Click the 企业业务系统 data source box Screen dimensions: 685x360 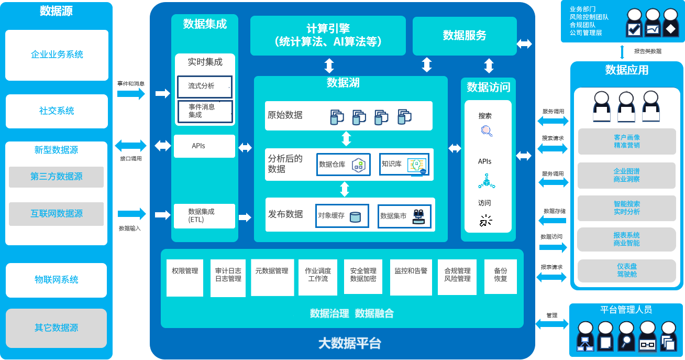point(57,55)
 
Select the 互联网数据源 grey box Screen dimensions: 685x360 point(56,214)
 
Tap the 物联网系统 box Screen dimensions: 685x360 point(56,280)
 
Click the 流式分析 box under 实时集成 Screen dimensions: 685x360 point(205,86)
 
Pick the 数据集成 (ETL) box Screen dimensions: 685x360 point(204,216)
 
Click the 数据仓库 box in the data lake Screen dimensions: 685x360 point(344,165)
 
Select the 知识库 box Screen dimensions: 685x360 point(404,164)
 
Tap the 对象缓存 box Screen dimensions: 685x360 point(342,216)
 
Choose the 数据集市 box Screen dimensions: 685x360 point(405,216)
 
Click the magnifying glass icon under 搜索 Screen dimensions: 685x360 point(487,131)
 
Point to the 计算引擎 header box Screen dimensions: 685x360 point(328,36)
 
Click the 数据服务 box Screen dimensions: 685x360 point(465,36)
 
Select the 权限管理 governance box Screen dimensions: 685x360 point(185,278)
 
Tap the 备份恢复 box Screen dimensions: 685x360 point(501,277)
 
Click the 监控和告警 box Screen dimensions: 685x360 point(411,277)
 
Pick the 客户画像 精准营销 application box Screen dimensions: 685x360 point(627,141)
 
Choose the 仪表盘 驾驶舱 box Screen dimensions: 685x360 point(627,271)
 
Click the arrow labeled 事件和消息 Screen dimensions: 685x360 point(131,94)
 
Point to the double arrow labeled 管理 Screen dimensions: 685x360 point(552,324)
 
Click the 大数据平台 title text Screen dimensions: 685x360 point(349,343)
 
